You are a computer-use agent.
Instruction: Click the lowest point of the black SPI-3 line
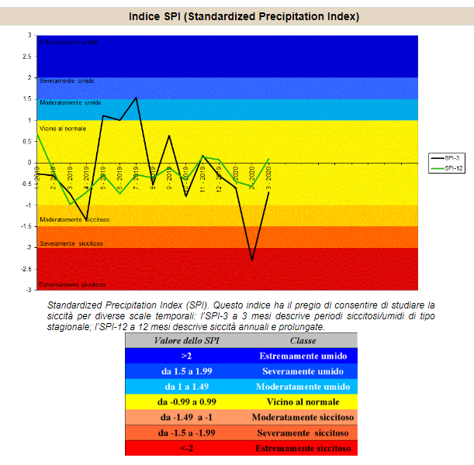[x=252, y=260]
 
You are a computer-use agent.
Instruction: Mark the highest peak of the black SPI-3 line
[x=137, y=98]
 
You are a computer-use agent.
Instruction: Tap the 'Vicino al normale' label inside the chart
[x=62, y=128]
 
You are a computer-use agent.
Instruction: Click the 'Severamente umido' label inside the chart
[x=66, y=81]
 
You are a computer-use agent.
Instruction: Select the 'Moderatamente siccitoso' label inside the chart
[x=74, y=220]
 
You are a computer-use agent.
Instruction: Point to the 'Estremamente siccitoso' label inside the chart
[x=71, y=284]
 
